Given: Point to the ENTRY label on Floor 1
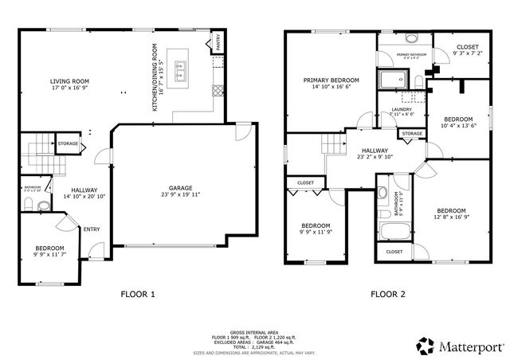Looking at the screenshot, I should pyautogui.click(x=92, y=230).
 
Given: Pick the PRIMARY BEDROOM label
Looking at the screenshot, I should pyautogui.click(x=331, y=80).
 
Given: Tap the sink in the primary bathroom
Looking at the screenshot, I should pyautogui.click(x=412, y=39).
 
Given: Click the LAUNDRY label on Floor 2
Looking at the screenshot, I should pyautogui.click(x=402, y=110).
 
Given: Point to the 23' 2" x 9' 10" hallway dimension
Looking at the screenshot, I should pyautogui.click(x=375, y=157).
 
